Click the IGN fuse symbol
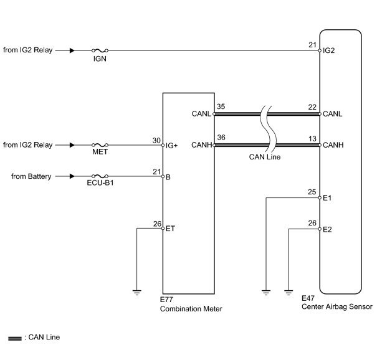tap(100, 50)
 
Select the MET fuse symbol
tap(100, 145)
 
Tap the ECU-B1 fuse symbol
tap(100, 176)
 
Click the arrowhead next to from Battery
tap(72, 176)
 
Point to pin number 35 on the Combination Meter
tap(221, 107)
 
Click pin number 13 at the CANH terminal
tap(312, 139)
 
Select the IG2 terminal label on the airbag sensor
tap(328, 50)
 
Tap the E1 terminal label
tap(327, 198)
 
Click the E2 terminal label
tap(327, 229)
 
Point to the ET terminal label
tap(170, 229)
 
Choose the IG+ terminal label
tap(171, 145)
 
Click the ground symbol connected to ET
tap(137, 293)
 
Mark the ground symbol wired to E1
tap(266, 293)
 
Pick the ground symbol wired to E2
tap(289, 293)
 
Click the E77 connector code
tap(166, 300)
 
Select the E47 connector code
tap(308, 298)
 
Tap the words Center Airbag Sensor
tap(337, 307)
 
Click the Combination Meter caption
tap(191, 309)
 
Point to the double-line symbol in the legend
tap(15, 338)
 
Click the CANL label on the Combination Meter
tap(201, 114)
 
